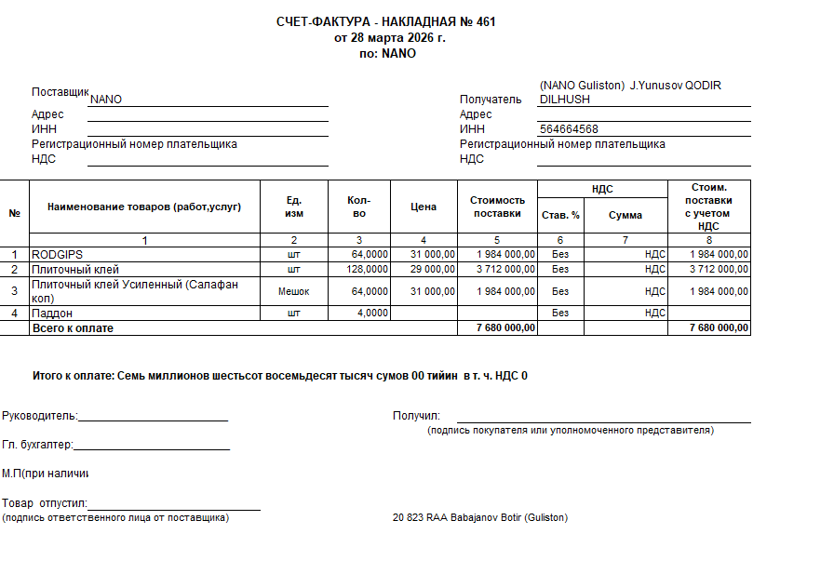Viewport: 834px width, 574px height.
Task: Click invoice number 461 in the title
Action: [x=485, y=21]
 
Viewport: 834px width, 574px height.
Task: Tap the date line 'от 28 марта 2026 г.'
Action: [x=389, y=37]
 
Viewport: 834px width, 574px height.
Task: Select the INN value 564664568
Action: [x=569, y=129]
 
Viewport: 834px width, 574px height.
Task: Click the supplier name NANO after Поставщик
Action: [x=106, y=100]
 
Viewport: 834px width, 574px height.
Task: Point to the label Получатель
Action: [x=491, y=100]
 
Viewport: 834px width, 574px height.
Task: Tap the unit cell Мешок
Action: [x=293, y=291]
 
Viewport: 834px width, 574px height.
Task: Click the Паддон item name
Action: [x=52, y=314]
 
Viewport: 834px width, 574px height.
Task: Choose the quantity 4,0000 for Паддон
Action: [x=372, y=314]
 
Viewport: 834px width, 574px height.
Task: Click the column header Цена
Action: [x=424, y=207]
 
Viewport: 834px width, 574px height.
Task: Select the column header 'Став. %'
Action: [x=560, y=215]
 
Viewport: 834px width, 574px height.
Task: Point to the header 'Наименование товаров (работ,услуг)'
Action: [x=144, y=207]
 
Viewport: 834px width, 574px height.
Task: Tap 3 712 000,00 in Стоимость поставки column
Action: [x=505, y=269]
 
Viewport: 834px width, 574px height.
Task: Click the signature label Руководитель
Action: [x=39, y=416]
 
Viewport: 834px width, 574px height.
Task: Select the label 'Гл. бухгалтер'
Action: [x=36, y=446]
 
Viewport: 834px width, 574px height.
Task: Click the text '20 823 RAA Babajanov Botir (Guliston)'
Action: [x=479, y=517]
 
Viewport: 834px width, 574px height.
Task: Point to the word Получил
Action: [x=415, y=416]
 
